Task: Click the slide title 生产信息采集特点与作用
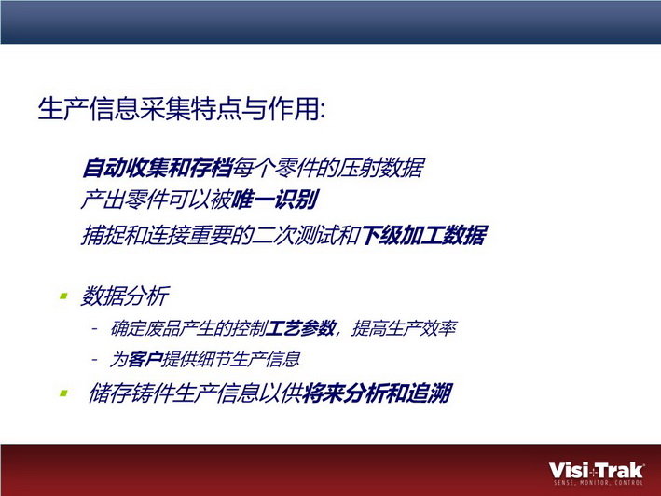point(181,109)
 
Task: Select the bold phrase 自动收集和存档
point(158,168)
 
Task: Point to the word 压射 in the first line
point(360,168)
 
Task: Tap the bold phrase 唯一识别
point(275,200)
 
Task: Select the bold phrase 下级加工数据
point(424,235)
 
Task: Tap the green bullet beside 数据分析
point(64,296)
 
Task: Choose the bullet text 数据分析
point(125,296)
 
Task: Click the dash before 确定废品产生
point(95,328)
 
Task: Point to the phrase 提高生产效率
point(405,328)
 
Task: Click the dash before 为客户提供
point(95,360)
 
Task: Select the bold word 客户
point(145,360)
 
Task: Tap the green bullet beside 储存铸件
point(64,393)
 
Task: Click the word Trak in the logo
point(621,470)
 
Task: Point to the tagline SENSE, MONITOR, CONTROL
point(599,483)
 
